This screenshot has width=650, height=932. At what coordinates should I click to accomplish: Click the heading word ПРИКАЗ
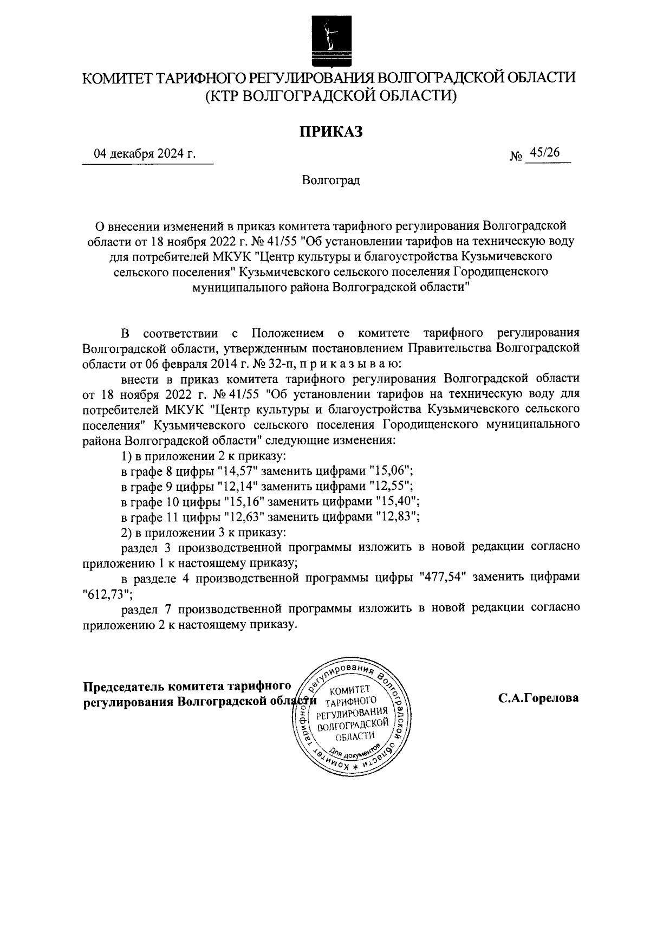(x=331, y=132)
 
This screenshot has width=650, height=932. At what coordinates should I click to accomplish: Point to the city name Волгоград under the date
(x=331, y=180)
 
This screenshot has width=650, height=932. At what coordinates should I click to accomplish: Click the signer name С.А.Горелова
(x=538, y=698)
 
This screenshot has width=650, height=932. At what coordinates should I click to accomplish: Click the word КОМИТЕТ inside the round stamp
(x=349, y=690)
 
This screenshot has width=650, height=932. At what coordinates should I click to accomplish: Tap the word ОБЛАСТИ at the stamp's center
(x=355, y=735)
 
